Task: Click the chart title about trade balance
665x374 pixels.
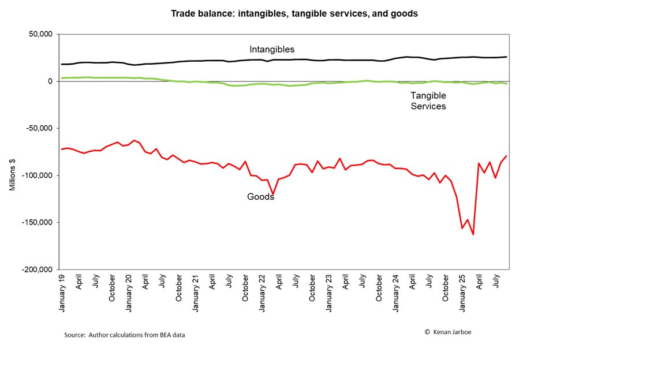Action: (x=294, y=13)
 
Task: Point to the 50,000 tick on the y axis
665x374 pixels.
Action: (x=40, y=34)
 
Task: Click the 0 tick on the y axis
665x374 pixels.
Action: (x=50, y=81)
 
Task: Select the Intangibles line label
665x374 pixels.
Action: (x=272, y=50)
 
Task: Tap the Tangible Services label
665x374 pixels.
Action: (x=428, y=100)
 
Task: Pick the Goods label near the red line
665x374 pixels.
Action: (x=260, y=197)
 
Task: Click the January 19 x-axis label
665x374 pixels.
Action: (x=62, y=293)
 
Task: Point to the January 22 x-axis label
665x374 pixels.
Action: (x=262, y=293)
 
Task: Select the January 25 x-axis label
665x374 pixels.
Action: (x=462, y=293)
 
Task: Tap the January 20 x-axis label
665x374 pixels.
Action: (x=129, y=293)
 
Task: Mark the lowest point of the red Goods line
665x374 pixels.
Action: (x=473, y=234)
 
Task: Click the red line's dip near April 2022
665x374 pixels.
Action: (x=273, y=195)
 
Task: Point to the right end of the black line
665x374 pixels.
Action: (x=506, y=57)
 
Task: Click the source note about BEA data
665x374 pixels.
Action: (x=124, y=335)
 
